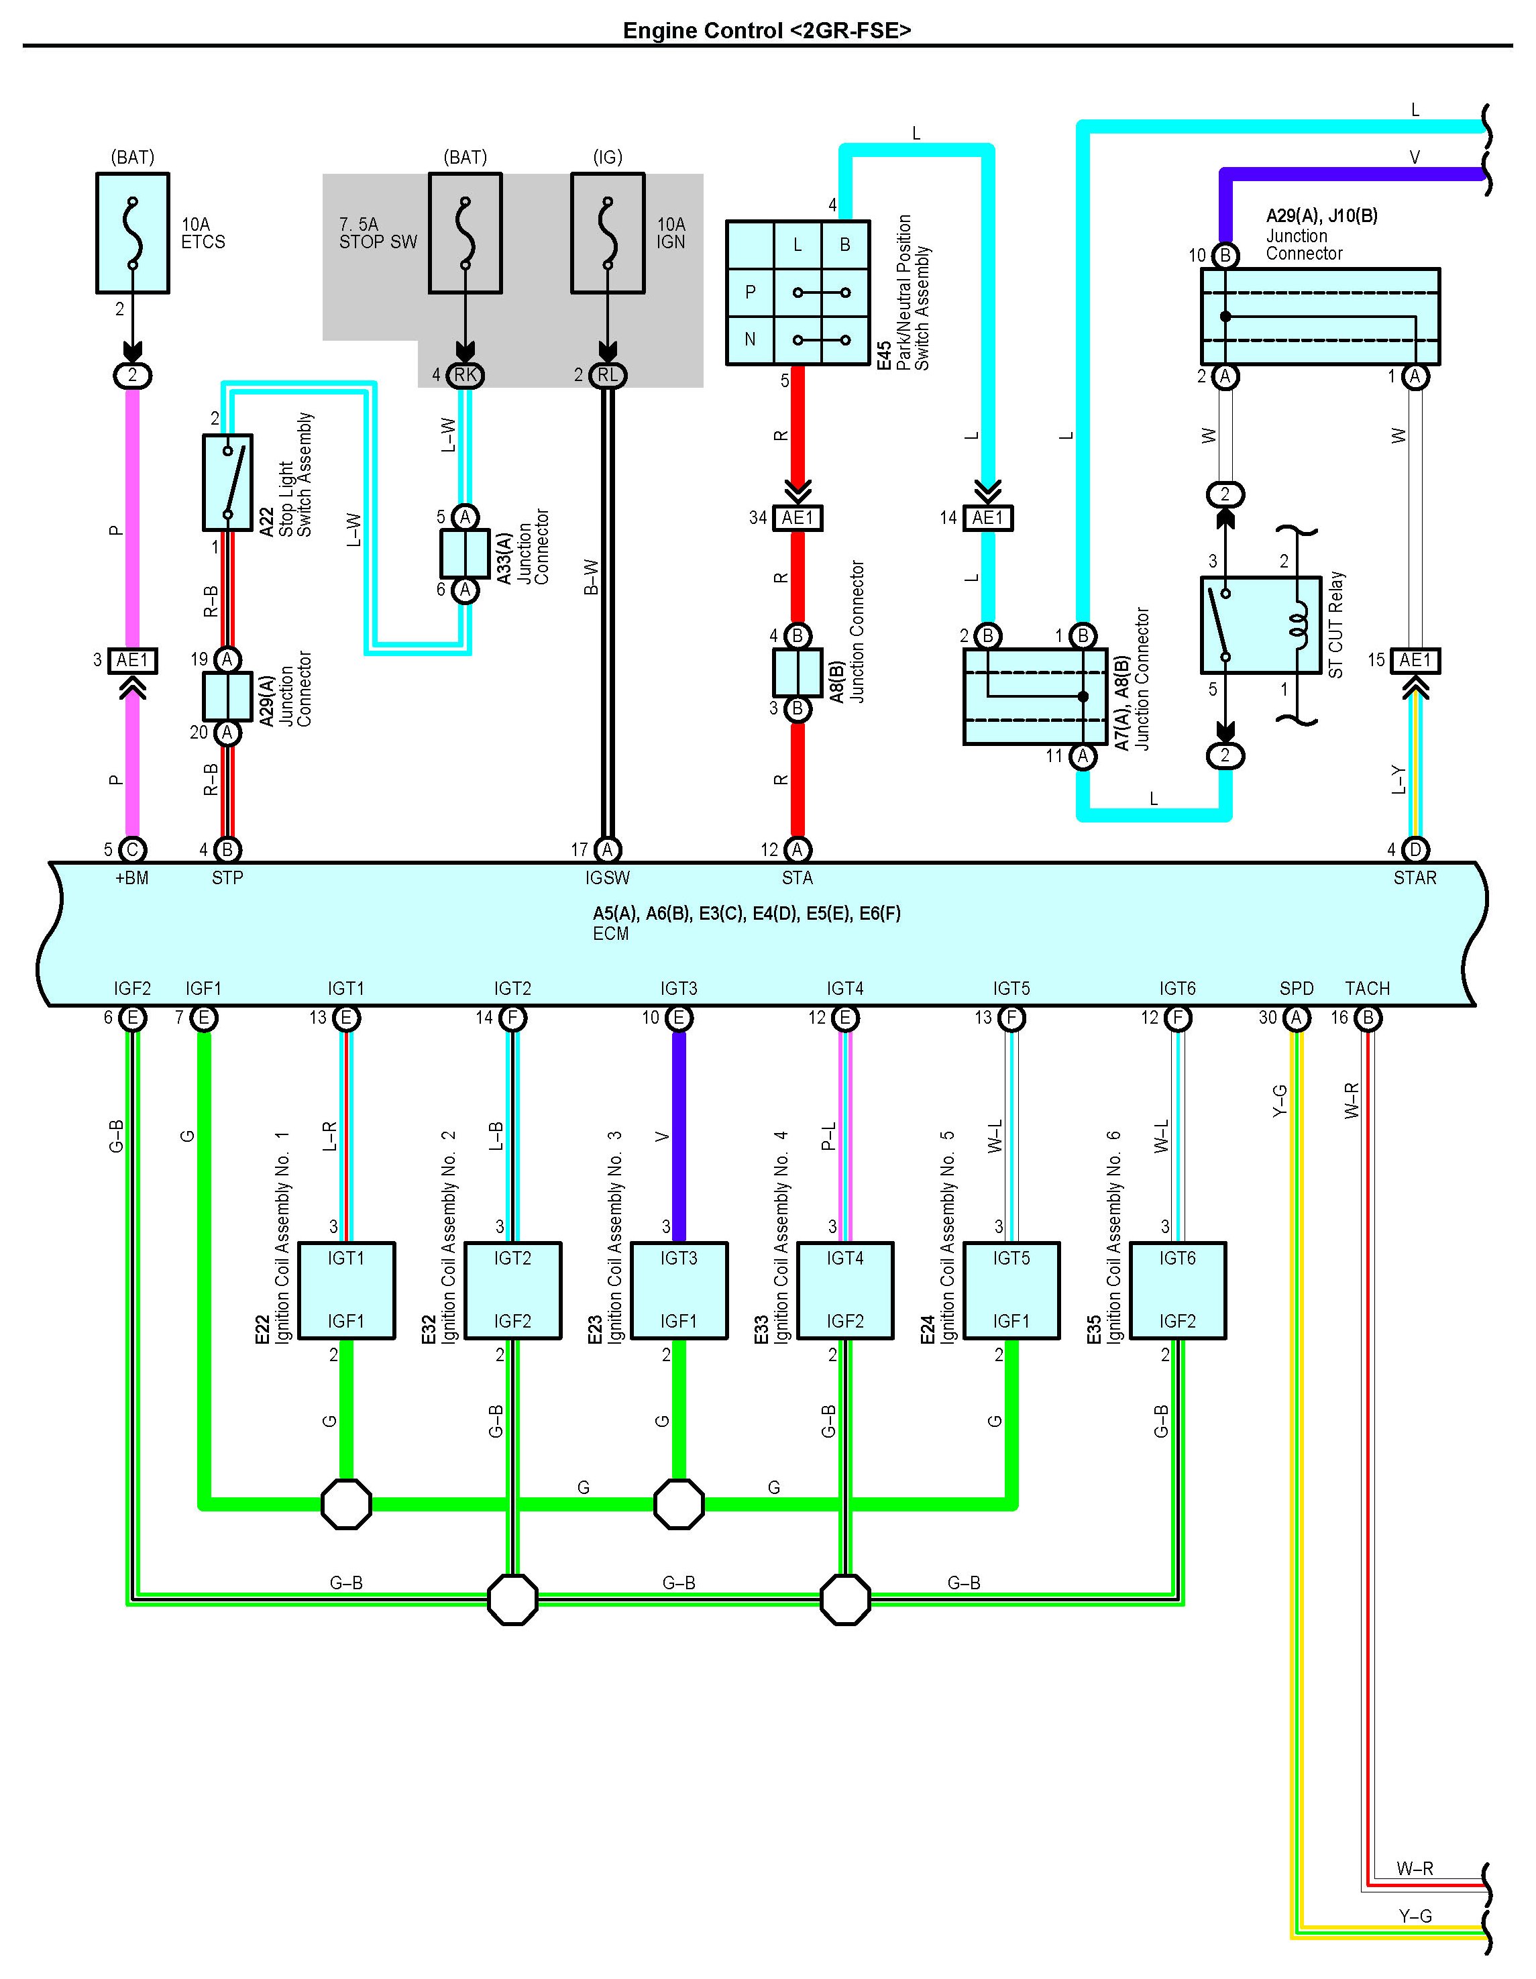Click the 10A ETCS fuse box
[x=132, y=233]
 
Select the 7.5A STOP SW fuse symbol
[x=465, y=233]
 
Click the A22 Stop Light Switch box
[x=227, y=482]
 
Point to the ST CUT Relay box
[x=1260, y=625]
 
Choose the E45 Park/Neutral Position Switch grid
[x=798, y=292]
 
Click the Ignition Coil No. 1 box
[x=346, y=1289]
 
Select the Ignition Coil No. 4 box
[x=844, y=1289]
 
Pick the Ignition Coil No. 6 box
[x=1177, y=1289]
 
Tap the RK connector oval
[x=465, y=375]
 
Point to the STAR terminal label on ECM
[x=1415, y=878]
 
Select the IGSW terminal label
[x=607, y=878]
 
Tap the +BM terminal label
[x=131, y=878]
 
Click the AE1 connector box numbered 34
[x=798, y=517]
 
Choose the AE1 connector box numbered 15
[x=1415, y=659]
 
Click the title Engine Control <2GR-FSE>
[x=767, y=30]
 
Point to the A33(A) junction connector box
[x=465, y=553]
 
